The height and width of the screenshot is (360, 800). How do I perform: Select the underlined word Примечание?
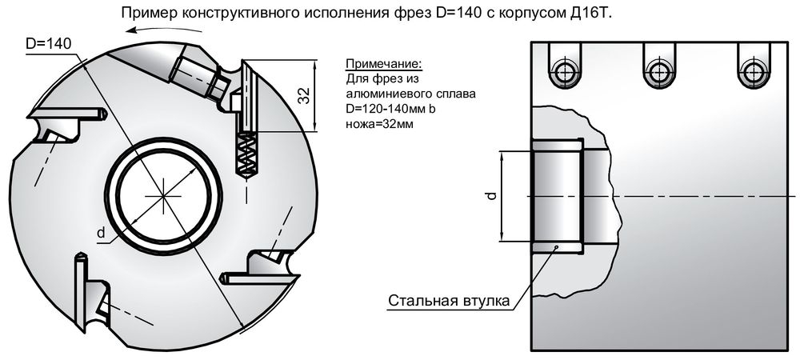click(382, 64)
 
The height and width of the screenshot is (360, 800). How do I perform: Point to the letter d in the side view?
click(493, 195)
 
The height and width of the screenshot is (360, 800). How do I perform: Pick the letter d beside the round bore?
click(101, 233)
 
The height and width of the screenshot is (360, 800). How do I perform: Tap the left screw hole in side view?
click(565, 71)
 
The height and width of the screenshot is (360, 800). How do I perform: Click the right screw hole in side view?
click(752, 71)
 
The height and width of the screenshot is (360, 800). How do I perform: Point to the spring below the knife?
click(246, 154)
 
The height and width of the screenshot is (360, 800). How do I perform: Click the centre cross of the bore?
click(164, 194)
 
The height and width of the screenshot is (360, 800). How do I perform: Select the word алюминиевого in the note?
click(386, 94)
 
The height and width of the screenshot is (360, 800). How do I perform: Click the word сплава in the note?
click(453, 94)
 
